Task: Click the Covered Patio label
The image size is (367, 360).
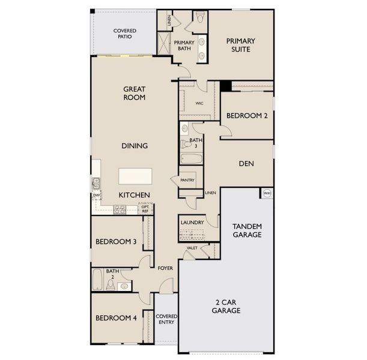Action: point(124,34)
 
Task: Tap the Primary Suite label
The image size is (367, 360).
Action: point(241,45)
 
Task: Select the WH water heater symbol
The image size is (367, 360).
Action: point(267,193)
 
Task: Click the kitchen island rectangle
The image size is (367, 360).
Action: point(135,176)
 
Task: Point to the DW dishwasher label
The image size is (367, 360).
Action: point(96,195)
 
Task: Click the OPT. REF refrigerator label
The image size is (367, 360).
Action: point(145,209)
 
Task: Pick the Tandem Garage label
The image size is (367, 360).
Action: point(247,230)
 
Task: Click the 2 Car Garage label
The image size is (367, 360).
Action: point(226,307)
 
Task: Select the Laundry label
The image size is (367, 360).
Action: point(192,223)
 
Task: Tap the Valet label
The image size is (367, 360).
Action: point(192,247)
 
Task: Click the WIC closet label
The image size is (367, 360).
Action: point(200,103)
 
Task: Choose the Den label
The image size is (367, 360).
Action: point(244,163)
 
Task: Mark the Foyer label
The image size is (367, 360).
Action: point(165,268)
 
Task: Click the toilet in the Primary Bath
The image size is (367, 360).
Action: point(201,17)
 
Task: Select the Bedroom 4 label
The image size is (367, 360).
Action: point(115,317)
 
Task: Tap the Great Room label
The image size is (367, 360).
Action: point(135,92)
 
